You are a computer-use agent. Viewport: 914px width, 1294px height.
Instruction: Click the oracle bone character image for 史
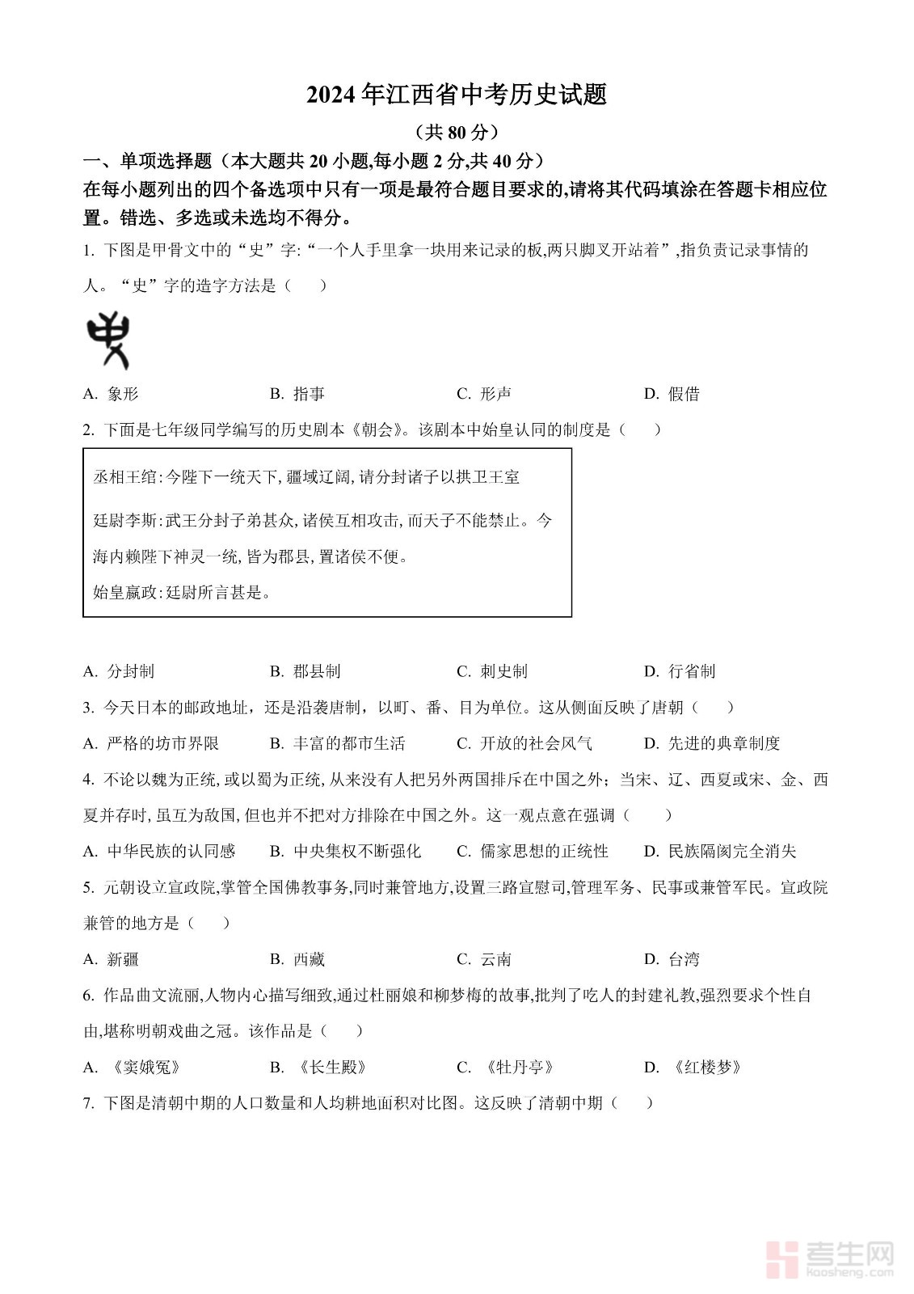(x=108, y=340)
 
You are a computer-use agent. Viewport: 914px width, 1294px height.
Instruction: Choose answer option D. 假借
(x=672, y=394)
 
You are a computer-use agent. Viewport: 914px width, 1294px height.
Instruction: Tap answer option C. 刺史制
(x=492, y=671)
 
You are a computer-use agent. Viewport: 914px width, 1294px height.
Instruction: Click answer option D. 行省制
(x=680, y=671)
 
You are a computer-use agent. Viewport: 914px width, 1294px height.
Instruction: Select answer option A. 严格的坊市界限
(x=151, y=743)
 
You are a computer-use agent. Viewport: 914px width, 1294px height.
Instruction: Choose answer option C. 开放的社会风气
(x=524, y=743)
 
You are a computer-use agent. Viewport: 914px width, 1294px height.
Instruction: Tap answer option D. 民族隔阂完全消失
(x=720, y=851)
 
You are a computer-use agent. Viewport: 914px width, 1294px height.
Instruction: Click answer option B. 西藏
(x=297, y=959)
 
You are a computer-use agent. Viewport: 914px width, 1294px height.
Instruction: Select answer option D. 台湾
(x=672, y=959)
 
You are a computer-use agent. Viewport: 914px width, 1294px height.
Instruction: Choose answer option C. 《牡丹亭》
(x=508, y=1068)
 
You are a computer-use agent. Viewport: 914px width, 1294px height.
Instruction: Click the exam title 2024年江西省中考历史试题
(x=457, y=95)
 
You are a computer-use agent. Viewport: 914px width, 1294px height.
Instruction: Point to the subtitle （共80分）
(x=457, y=132)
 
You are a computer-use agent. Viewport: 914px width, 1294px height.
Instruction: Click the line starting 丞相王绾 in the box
(x=306, y=477)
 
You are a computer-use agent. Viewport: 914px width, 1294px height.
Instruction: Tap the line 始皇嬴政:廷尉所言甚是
(x=182, y=593)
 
